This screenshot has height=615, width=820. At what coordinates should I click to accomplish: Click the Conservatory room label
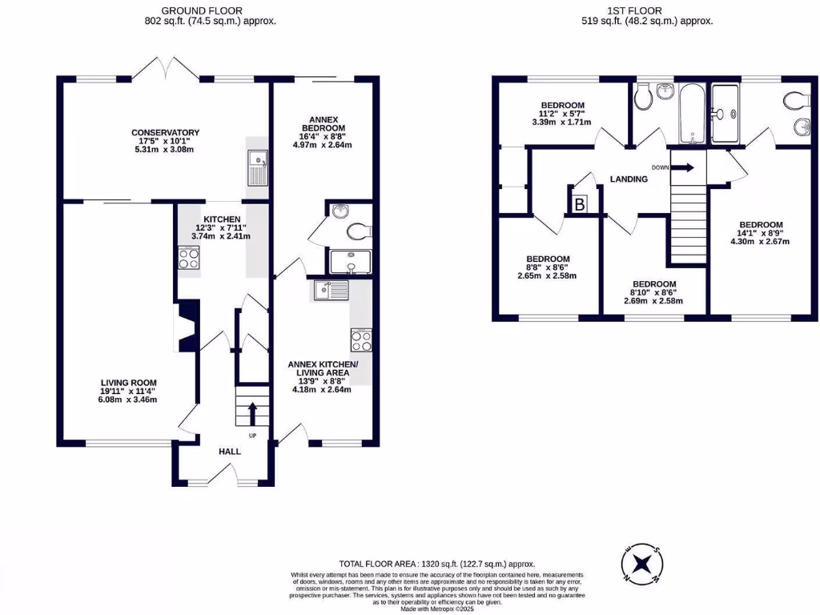(x=166, y=133)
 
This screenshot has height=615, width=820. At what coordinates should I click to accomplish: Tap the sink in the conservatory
(x=258, y=169)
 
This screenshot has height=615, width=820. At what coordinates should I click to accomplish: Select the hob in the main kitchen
(x=188, y=259)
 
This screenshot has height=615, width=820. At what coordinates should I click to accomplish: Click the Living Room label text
(x=128, y=383)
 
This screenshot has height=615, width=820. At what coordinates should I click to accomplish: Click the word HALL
(x=230, y=452)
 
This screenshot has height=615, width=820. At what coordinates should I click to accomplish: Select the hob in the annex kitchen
(x=360, y=340)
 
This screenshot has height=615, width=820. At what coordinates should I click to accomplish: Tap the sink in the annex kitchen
(x=330, y=290)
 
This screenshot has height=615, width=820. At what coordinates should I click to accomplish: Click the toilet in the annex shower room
(x=359, y=231)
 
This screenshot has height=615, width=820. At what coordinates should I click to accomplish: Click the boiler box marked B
(x=579, y=204)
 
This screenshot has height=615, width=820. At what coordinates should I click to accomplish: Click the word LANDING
(x=629, y=179)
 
